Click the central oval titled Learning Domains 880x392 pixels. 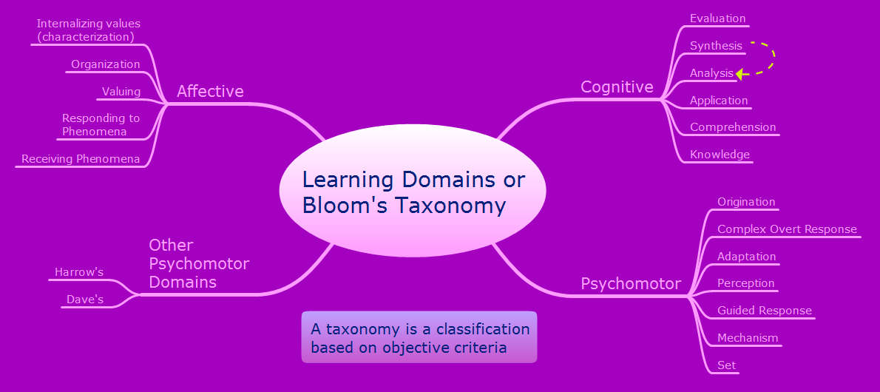(x=413, y=192)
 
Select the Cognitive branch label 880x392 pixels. (x=617, y=87)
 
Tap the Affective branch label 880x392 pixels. (x=210, y=92)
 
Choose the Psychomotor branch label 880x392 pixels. (x=631, y=284)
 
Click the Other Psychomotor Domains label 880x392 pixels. (x=199, y=263)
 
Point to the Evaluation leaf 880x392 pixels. (x=717, y=18)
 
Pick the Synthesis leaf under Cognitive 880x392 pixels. (x=716, y=46)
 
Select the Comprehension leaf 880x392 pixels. (x=733, y=127)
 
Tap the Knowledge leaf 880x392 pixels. (x=720, y=155)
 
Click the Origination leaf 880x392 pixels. (x=746, y=202)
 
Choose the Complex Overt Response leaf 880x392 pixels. (x=787, y=229)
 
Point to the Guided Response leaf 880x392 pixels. (x=765, y=311)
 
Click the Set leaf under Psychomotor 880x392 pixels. (x=726, y=365)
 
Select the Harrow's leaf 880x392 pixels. (x=79, y=272)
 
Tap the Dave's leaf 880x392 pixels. (x=85, y=300)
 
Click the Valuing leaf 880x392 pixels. (x=121, y=92)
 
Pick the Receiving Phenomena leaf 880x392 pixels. (x=81, y=159)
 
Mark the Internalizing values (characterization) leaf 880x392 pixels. (x=88, y=30)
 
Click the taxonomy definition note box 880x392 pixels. (x=419, y=337)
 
